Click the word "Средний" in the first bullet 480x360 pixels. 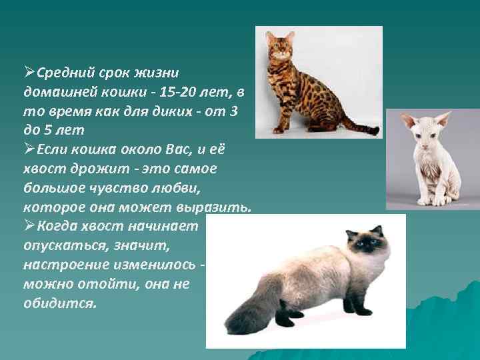[x=62, y=71]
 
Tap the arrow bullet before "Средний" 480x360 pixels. [x=29, y=71]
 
